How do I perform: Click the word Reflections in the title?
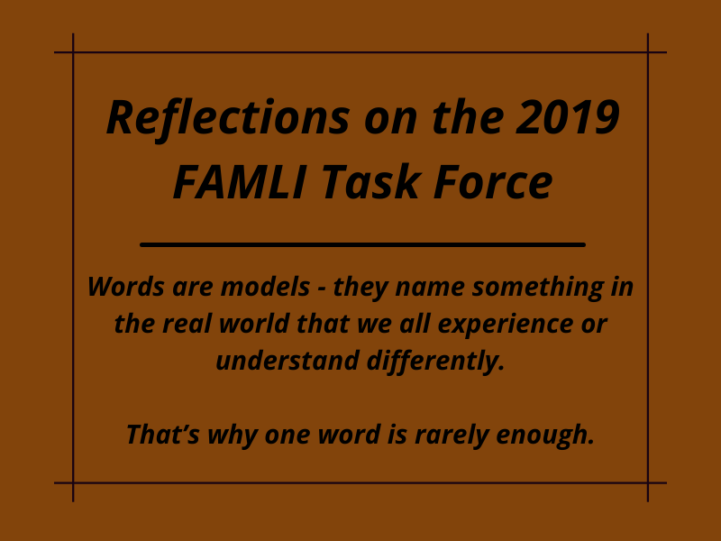[x=228, y=119]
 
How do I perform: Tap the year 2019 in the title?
[x=568, y=118]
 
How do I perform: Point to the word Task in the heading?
[x=370, y=182]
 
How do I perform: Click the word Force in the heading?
[x=493, y=182]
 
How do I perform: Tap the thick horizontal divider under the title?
[x=362, y=244]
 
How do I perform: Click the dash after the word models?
[x=322, y=289]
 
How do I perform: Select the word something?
[x=538, y=288]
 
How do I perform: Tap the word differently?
[x=436, y=362]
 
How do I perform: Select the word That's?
[x=163, y=434]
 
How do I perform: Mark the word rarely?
[x=452, y=435]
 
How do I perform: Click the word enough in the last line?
[x=546, y=435]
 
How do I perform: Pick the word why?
[x=233, y=435]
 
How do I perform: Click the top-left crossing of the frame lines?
[x=73, y=52]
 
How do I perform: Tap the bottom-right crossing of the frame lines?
[x=648, y=483]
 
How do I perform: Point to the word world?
[x=254, y=324]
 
